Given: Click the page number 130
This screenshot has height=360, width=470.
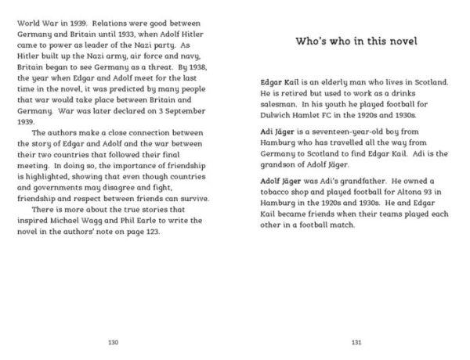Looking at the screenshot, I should point(114,342).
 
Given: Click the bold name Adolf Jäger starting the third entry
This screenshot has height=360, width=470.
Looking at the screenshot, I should point(284,180).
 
